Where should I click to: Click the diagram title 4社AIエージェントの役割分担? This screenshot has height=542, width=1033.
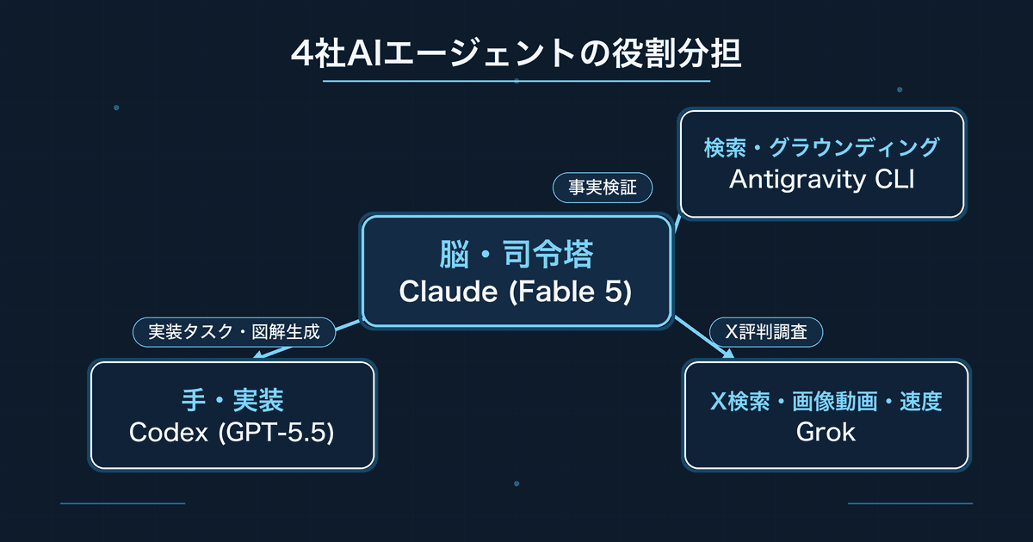pos(516,53)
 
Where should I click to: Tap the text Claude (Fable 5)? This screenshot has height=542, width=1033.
pos(516,292)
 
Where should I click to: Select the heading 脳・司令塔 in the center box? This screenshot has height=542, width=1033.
pos(516,254)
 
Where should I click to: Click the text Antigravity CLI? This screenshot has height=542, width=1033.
pos(822,179)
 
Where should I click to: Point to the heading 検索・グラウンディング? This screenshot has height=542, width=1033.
pos(822,147)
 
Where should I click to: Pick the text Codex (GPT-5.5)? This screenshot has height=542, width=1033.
pos(232,433)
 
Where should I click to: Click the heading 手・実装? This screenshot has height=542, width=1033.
pos(232,400)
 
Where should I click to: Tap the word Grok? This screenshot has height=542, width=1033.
pos(826,432)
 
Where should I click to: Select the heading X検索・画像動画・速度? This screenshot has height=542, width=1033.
pos(826,401)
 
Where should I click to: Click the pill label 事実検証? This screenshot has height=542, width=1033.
pos(603,188)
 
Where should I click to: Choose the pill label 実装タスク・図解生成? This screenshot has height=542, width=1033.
pos(234,332)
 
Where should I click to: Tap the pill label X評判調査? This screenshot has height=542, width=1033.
pos(766,332)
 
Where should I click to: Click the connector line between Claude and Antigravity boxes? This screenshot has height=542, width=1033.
pos(678,222)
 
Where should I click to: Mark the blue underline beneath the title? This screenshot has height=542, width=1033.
pos(516,81)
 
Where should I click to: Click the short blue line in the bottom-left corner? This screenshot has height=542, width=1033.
pos(122,503)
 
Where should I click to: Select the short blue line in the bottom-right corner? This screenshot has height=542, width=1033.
pos(911,503)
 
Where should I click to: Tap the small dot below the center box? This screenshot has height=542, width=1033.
pos(516,483)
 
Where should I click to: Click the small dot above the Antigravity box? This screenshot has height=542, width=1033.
pos(900,89)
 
